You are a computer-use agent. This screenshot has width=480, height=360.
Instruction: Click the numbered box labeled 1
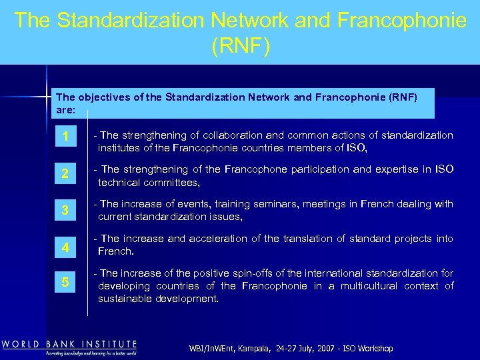point(65,137)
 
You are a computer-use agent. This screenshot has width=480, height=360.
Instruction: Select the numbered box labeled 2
point(65,175)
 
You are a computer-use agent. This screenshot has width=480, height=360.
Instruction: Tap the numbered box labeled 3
point(65,211)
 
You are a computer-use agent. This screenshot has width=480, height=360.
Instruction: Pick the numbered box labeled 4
point(65,247)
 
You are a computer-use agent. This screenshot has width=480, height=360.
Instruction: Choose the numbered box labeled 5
point(65,282)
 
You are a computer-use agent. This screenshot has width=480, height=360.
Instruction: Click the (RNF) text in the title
point(240,46)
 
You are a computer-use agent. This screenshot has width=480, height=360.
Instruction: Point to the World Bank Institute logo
point(69,347)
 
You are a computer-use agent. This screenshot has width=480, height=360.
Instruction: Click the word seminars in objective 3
point(273,204)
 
